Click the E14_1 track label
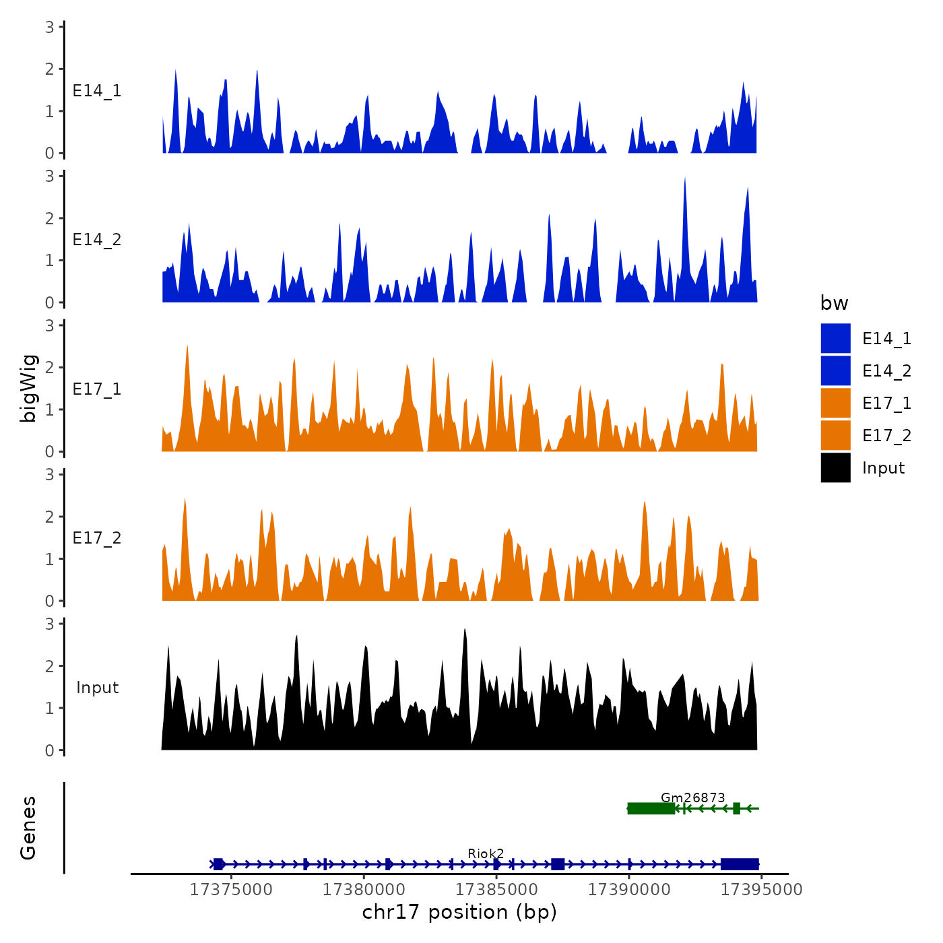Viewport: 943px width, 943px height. pyautogui.click(x=97, y=91)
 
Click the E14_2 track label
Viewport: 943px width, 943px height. pyautogui.click(x=97, y=240)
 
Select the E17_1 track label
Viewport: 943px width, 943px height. pyautogui.click(x=97, y=389)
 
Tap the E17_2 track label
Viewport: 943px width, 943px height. pyautogui.click(x=97, y=538)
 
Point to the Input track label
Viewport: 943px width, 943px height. pyautogui.click(x=97, y=688)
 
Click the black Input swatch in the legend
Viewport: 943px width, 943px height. pyautogui.click(x=835, y=467)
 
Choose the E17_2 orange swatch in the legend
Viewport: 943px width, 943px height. pyautogui.click(x=835, y=435)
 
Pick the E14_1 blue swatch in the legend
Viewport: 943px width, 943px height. pyautogui.click(x=835, y=338)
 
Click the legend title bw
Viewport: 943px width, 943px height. pyautogui.click(x=834, y=303)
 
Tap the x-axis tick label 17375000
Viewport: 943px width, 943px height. pyautogui.click(x=231, y=890)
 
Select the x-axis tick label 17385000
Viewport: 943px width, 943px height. pyautogui.click(x=496, y=890)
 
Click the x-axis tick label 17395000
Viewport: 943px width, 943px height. pyautogui.click(x=762, y=890)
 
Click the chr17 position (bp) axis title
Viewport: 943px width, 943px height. pyautogui.click(x=459, y=912)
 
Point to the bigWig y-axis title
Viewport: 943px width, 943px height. pyautogui.click(x=28, y=388)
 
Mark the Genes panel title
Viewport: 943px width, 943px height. pyautogui.click(x=28, y=828)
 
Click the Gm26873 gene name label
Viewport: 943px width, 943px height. pyautogui.click(x=692, y=798)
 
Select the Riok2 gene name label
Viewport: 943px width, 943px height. pyautogui.click(x=486, y=854)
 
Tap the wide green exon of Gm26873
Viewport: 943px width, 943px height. pyautogui.click(x=651, y=808)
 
